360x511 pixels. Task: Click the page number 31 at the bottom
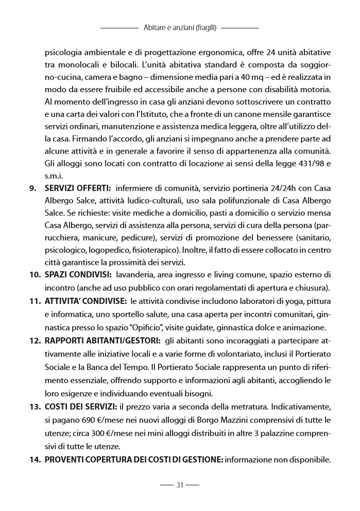tap(180, 485)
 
